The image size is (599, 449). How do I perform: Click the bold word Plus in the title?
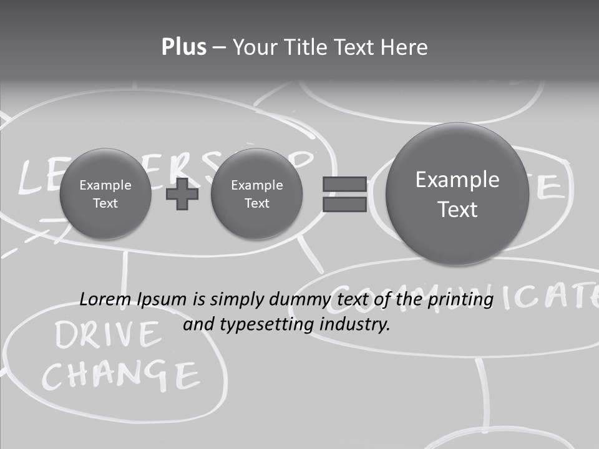183,47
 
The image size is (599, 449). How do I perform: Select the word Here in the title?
404,47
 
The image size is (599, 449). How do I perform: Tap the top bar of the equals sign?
344,184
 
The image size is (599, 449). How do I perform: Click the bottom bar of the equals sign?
344,205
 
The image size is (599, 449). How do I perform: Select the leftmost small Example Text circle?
105,194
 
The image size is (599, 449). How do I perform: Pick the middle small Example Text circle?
257,194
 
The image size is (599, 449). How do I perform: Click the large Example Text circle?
457,194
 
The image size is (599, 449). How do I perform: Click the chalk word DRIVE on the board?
107,336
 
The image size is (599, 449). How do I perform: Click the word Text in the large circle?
457,210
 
